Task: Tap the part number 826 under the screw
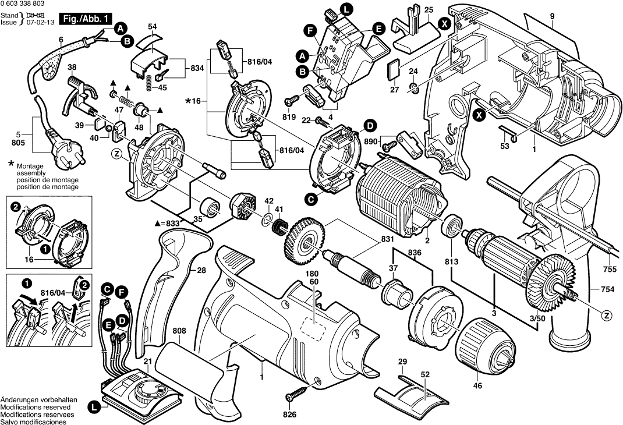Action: (x=289, y=415)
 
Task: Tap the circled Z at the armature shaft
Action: (x=607, y=316)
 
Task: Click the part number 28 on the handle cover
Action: (x=201, y=271)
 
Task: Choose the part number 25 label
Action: (x=429, y=10)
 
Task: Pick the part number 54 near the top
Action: (x=153, y=27)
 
